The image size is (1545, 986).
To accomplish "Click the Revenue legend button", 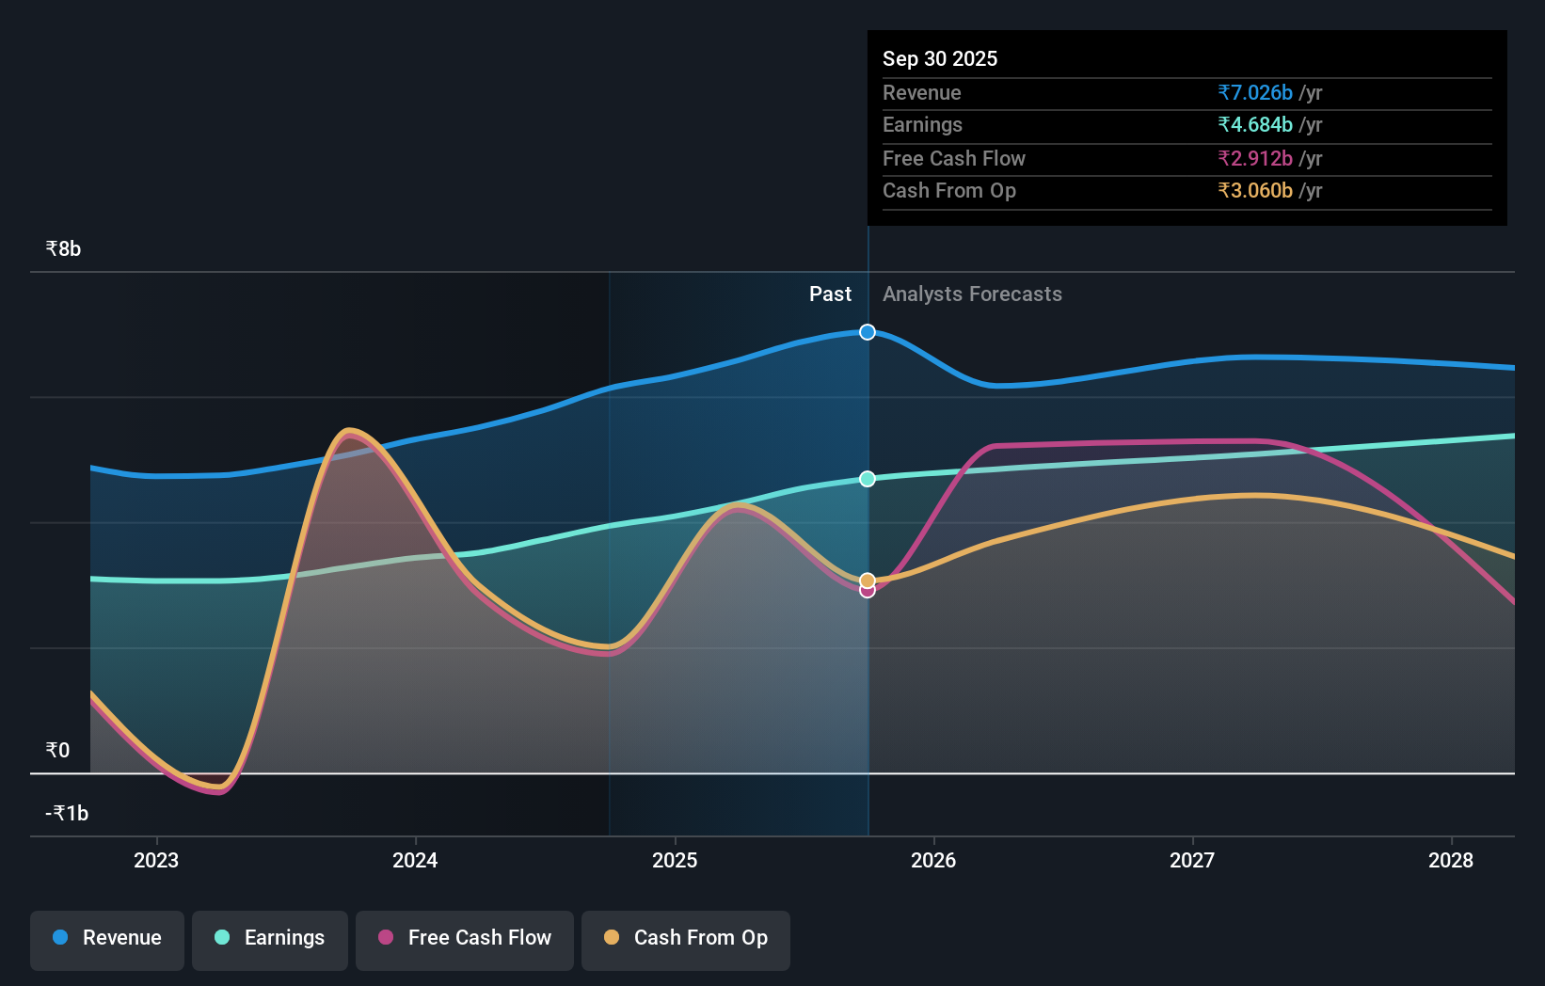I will (107, 938).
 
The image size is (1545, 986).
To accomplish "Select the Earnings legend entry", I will (270, 938).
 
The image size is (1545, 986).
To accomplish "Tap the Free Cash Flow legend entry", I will (465, 938).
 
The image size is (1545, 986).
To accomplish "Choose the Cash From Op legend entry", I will (686, 938).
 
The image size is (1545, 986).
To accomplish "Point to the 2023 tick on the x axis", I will (156, 860).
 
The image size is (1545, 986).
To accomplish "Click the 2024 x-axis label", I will (415, 860).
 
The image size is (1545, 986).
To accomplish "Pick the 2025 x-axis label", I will (675, 860).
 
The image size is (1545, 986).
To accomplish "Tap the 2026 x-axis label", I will (933, 860).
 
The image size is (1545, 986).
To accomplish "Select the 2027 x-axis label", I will (1192, 860).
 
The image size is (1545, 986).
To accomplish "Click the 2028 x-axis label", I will (1451, 860).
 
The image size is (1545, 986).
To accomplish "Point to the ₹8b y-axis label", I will (63, 248).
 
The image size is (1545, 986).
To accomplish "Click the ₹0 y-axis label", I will (57, 750).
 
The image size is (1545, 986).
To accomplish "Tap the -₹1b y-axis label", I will (67, 813).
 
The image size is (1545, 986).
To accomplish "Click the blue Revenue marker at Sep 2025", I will (868, 332).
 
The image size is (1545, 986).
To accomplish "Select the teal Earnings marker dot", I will (868, 479).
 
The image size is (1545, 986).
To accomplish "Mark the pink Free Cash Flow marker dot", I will (868, 591).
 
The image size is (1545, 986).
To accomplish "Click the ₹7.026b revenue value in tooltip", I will (1255, 92).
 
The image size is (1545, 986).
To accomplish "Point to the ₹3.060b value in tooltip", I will (1255, 190).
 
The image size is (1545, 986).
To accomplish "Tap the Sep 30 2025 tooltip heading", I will (940, 58).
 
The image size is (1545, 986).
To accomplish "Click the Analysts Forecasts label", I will (972, 294).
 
